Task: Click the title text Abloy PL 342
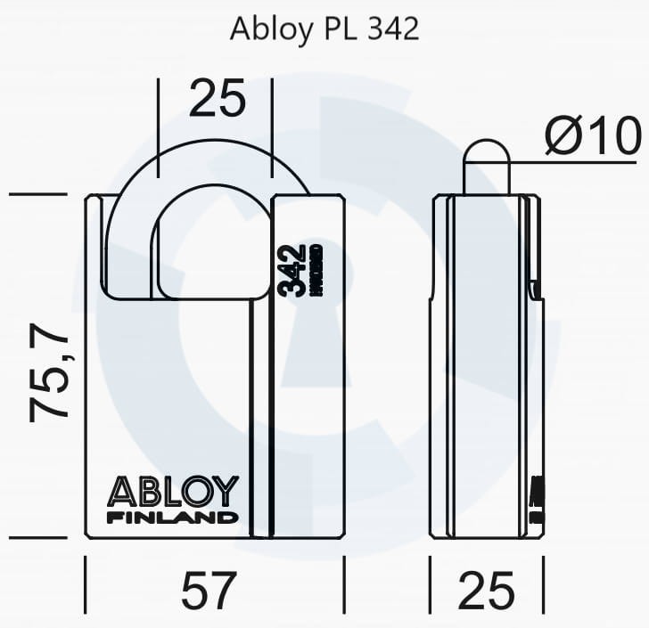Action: coord(324,29)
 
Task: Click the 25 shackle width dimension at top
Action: coord(218,100)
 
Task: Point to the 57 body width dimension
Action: coord(210,590)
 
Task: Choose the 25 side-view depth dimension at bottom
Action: coord(487,590)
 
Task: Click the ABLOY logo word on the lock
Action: coord(173,491)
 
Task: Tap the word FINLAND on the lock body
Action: coord(173,517)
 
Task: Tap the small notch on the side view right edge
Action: coord(534,290)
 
